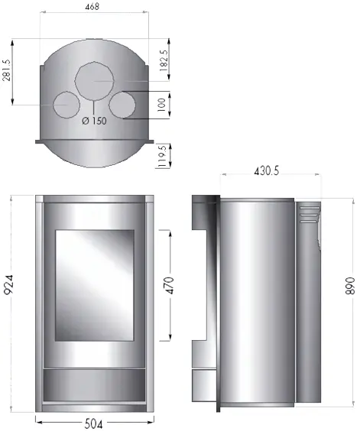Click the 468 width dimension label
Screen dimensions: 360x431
point(92,7)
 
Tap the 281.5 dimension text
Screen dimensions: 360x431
point(7,70)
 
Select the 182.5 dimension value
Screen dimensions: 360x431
point(164,60)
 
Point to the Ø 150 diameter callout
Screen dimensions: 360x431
point(94,121)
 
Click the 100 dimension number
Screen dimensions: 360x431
point(162,105)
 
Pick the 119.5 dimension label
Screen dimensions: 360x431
point(163,156)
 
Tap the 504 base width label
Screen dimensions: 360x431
point(93,423)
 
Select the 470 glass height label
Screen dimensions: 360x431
point(170,286)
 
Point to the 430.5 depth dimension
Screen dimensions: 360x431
point(266,171)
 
